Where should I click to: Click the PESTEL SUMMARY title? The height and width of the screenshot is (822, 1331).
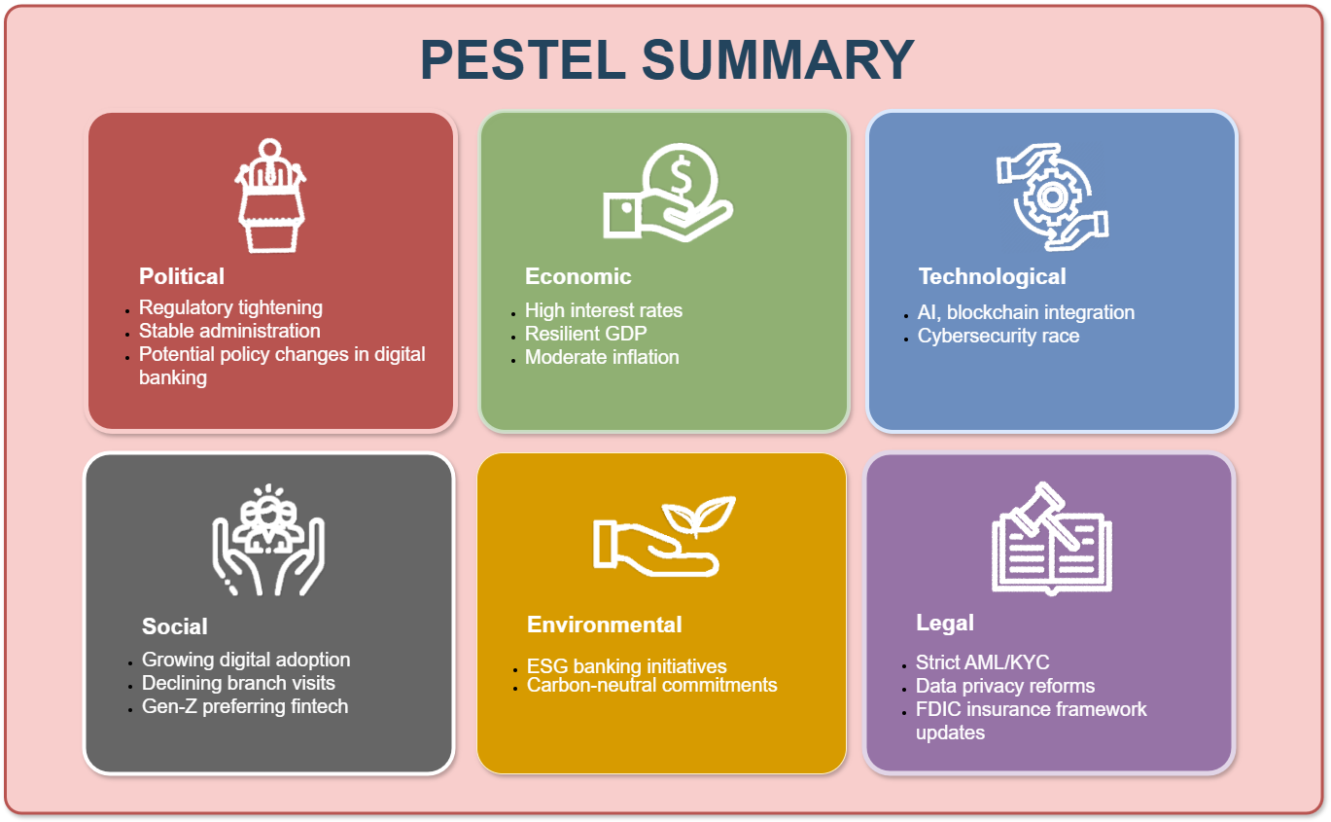(x=667, y=59)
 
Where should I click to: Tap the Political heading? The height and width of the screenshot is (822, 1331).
(x=181, y=276)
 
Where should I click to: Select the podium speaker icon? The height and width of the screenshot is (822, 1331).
(x=270, y=196)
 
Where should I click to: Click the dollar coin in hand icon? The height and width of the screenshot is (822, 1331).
(x=668, y=192)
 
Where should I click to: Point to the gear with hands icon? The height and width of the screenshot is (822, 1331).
(x=1052, y=197)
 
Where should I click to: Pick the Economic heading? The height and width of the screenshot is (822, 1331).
(x=578, y=276)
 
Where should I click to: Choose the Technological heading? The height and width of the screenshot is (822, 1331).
(x=992, y=276)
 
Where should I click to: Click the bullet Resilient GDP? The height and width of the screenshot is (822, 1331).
(x=585, y=334)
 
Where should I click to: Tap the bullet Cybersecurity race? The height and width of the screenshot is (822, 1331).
(x=998, y=336)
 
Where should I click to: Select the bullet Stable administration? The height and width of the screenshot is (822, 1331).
(x=229, y=331)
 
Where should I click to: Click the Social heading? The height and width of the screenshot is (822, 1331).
(x=174, y=626)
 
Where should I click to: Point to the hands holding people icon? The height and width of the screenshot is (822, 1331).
(x=268, y=540)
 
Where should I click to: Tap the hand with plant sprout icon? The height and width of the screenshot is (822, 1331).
(x=664, y=536)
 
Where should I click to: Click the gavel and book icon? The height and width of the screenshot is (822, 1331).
(x=1051, y=539)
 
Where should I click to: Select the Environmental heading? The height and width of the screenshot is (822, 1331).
(x=604, y=625)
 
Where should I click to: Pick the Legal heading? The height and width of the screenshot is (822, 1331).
(x=944, y=624)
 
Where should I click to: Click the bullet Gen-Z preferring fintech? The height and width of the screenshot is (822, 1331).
(x=245, y=706)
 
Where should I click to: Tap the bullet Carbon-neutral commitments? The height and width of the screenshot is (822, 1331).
(x=651, y=685)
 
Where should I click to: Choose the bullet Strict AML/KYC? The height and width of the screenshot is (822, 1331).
(x=982, y=662)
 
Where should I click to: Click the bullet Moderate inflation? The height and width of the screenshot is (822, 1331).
(x=601, y=357)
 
